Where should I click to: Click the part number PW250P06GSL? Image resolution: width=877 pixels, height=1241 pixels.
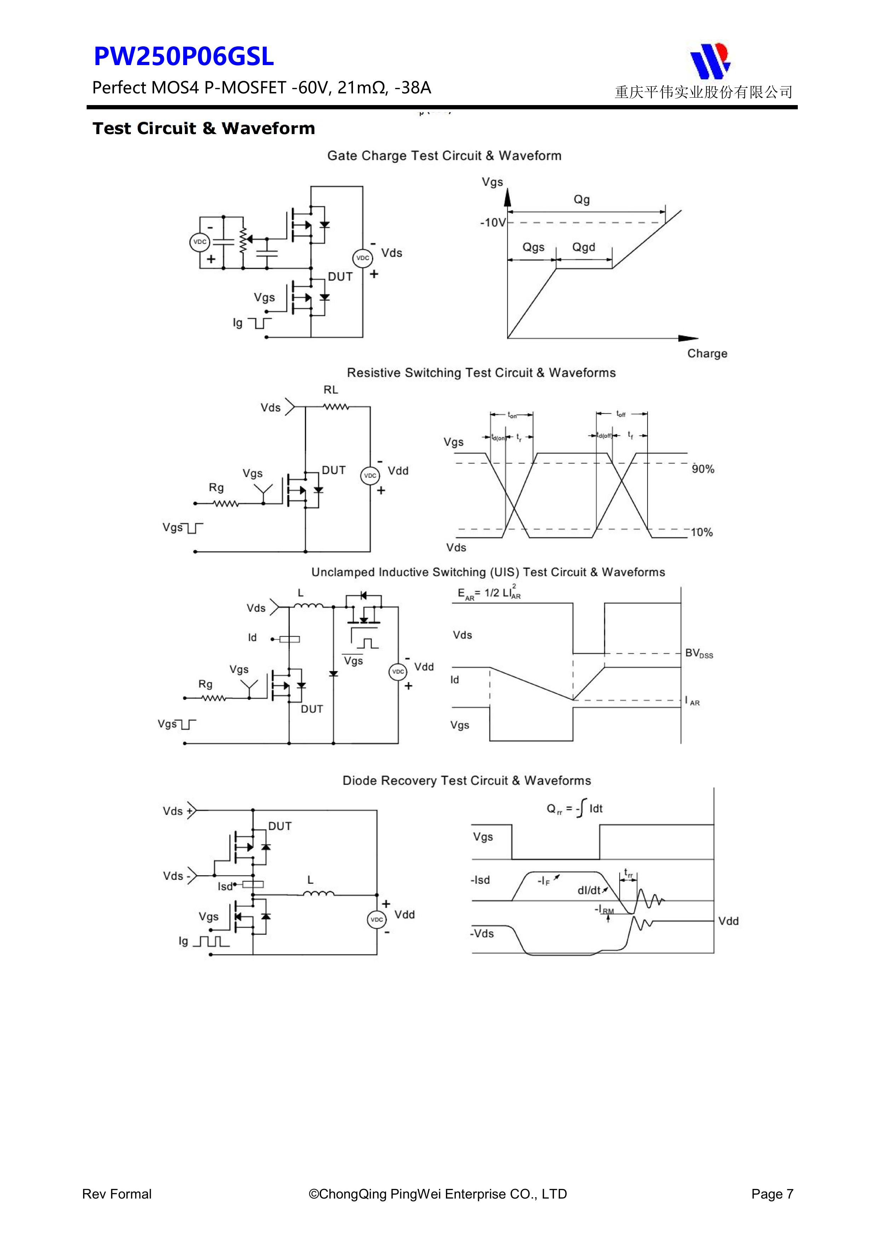pos(184,57)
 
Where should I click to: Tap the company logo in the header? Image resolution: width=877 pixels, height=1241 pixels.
pos(709,60)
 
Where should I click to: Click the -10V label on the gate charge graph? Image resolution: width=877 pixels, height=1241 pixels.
pos(492,223)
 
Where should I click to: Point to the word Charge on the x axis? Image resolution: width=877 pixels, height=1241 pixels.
pos(707,353)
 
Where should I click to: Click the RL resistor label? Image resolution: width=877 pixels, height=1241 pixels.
pos(331,390)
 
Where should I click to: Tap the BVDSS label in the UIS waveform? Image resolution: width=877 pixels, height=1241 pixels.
pos(699,653)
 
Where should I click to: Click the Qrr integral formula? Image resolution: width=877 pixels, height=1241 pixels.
pos(574,809)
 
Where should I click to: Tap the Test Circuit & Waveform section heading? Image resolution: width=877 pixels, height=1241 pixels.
pos(204,129)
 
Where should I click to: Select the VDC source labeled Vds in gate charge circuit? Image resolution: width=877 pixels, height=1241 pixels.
pos(362,258)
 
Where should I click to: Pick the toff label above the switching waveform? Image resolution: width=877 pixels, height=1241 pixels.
pos(621,414)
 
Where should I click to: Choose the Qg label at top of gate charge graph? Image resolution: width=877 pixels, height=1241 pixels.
pos(581,200)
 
